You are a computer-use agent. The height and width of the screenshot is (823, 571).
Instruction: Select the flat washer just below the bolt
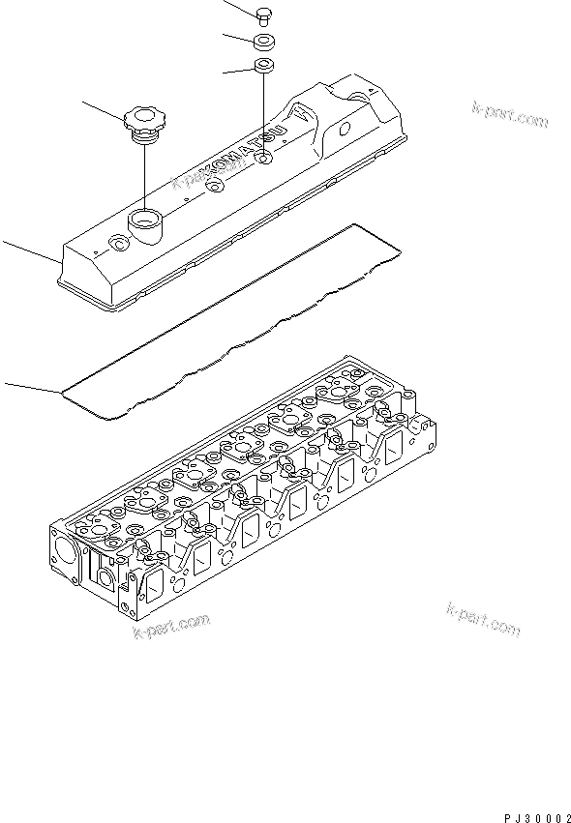(263, 42)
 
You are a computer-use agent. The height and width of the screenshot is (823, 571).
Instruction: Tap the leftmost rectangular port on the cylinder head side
(151, 579)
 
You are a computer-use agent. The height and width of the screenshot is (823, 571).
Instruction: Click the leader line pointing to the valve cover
(29, 254)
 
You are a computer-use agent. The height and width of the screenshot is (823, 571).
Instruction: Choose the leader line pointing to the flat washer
(236, 39)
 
